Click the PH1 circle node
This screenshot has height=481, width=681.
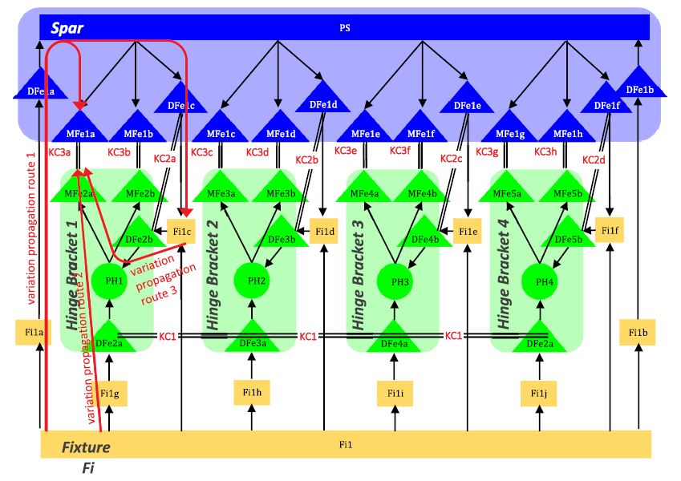pyautogui.click(x=116, y=281)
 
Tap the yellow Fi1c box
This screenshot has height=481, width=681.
pyautogui.click(x=182, y=232)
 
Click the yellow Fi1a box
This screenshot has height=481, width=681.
pyautogui.click(x=34, y=332)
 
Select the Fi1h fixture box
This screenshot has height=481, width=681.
pyautogui.click(x=252, y=392)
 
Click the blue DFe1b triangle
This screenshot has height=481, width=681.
pyautogui.click(x=639, y=89)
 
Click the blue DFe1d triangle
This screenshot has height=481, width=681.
pyautogui.click(x=322, y=102)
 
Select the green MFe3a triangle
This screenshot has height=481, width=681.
pyautogui.click(x=222, y=192)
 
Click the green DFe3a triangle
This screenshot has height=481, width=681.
pyautogui.click(x=253, y=341)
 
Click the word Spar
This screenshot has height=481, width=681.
pyautogui.click(x=67, y=28)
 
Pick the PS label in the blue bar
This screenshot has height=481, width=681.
pyautogui.click(x=345, y=28)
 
